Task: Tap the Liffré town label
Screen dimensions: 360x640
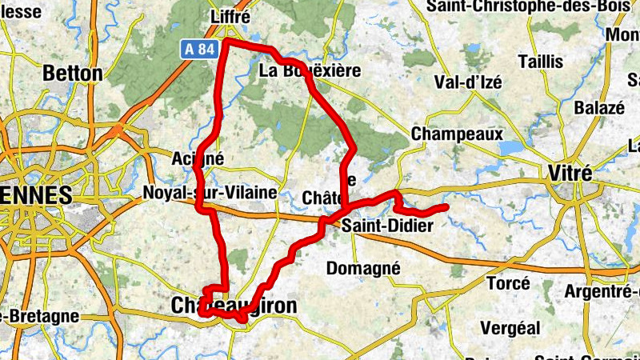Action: (x=229, y=17)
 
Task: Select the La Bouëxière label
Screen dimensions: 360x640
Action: (x=310, y=71)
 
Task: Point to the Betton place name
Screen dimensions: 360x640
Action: (x=73, y=74)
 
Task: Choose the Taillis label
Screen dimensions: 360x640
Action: (x=540, y=62)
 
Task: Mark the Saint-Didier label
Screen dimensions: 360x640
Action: (x=387, y=226)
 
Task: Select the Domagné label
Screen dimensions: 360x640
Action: (x=362, y=268)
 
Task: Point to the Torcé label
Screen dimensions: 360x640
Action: (x=508, y=283)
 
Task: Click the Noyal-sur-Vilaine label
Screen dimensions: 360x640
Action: (x=209, y=193)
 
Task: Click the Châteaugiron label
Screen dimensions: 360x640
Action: (x=234, y=306)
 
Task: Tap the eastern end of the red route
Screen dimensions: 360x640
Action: (x=445, y=208)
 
